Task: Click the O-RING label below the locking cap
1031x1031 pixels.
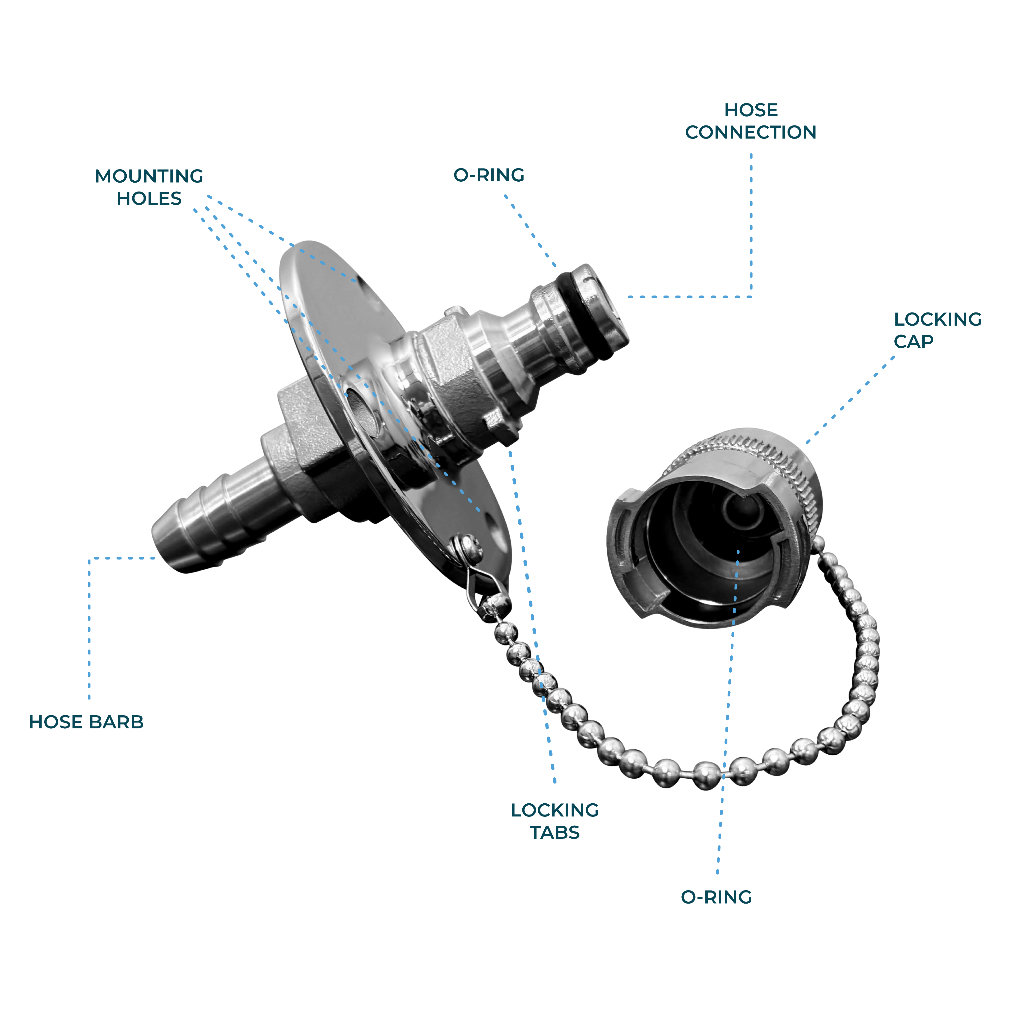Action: pyautogui.click(x=716, y=897)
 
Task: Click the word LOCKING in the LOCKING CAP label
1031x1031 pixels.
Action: pyautogui.click(x=938, y=319)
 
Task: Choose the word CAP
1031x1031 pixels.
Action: pyautogui.click(x=913, y=341)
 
